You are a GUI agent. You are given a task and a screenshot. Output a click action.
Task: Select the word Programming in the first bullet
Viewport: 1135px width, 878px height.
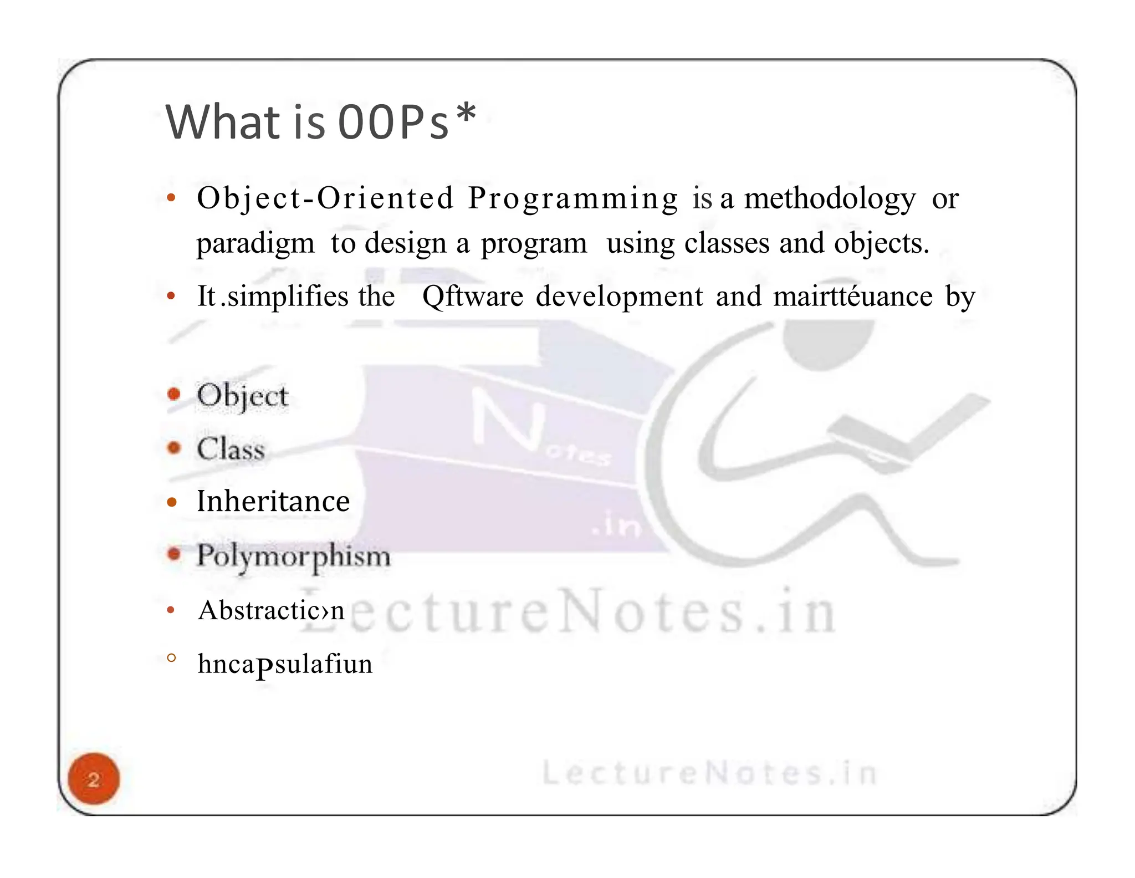pos(573,198)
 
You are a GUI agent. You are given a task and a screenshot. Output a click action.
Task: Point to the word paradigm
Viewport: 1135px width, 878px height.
pos(255,244)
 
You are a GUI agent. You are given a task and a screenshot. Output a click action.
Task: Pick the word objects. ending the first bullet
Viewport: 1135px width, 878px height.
pos(881,244)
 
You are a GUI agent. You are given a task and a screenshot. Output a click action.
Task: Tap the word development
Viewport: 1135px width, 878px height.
pos(619,297)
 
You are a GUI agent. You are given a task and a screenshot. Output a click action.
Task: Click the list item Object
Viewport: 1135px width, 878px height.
pos(243,396)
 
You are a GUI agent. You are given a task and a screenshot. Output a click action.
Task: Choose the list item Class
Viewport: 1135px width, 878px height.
pos(231,449)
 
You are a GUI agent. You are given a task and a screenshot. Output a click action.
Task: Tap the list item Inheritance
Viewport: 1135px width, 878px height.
pos(273,502)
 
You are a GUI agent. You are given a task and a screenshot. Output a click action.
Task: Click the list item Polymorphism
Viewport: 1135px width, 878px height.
pos(294,555)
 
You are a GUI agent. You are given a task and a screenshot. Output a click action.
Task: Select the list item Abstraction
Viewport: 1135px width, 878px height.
pos(271,610)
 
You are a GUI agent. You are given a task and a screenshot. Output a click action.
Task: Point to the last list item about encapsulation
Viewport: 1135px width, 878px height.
pos(285,664)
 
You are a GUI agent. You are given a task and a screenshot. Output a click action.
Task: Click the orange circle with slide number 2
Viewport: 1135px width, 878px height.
pos(94,779)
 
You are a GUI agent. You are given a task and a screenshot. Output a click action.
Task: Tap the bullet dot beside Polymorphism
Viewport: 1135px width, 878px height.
pos(174,554)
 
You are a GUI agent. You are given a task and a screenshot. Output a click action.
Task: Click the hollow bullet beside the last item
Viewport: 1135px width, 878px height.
pos(171,658)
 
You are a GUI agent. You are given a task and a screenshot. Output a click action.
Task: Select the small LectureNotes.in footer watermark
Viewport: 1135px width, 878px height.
pos(709,773)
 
